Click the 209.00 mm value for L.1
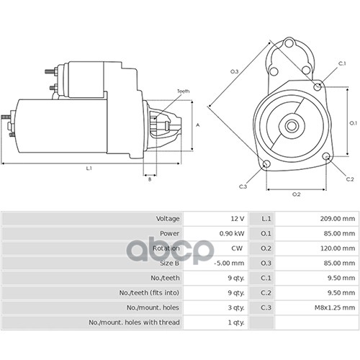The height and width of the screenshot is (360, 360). click(x=337, y=219)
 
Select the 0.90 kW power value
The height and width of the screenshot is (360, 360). click(x=232, y=233)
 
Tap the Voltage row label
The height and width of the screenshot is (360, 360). click(x=168, y=219)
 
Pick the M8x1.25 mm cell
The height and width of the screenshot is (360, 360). click(x=335, y=307)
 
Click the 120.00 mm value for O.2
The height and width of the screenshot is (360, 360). click(x=338, y=248)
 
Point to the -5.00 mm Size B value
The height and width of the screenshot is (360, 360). click(x=229, y=263)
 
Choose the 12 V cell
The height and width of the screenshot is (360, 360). click(x=238, y=219)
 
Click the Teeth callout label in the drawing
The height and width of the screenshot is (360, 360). click(x=184, y=91)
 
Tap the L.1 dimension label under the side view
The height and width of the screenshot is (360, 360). click(x=89, y=168)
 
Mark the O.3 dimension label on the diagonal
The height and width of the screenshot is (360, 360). click(x=235, y=71)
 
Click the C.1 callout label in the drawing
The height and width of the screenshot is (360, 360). click(x=342, y=63)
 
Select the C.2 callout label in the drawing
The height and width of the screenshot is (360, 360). click(x=350, y=179)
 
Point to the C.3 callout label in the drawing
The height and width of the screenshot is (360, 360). click(x=243, y=186)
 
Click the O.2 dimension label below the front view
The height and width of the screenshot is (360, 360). click(x=297, y=194)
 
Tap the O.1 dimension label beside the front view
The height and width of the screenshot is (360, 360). click(x=354, y=123)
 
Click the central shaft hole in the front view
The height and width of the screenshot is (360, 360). click(x=292, y=125)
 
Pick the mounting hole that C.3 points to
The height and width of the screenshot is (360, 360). click(x=266, y=164)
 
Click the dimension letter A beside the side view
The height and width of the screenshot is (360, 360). click(x=198, y=125)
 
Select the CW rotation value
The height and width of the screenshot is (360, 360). click(x=237, y=248)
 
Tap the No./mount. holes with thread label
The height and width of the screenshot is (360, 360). click(x=134, y=323)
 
